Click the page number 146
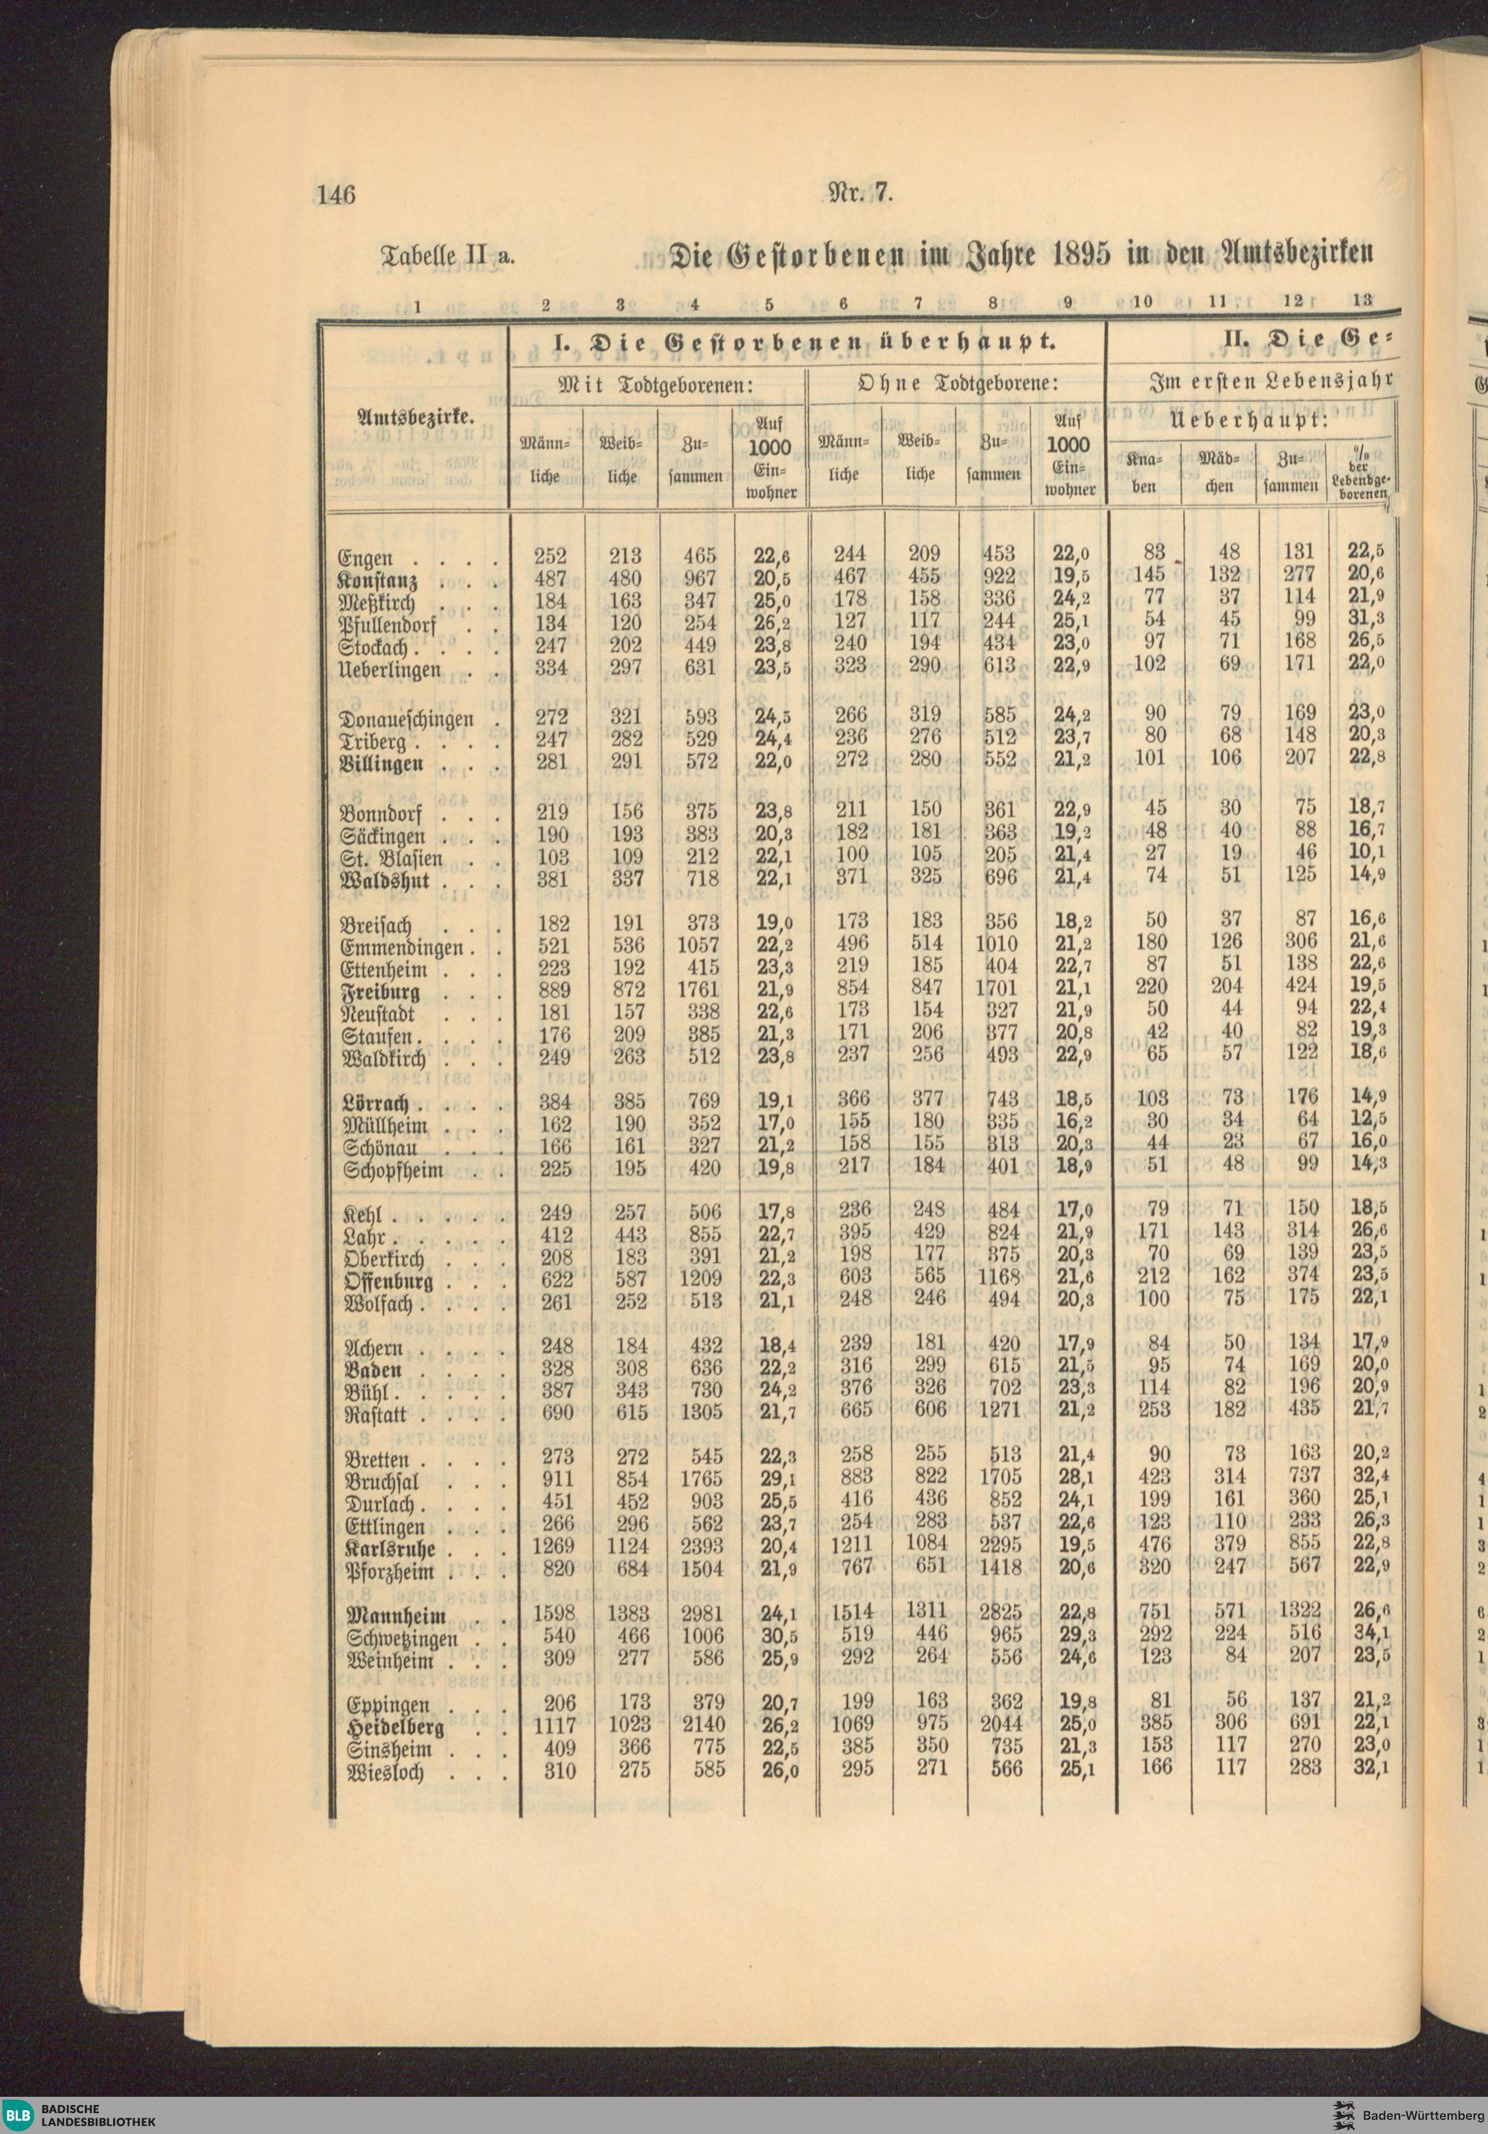[x=336, y=195]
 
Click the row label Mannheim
[x=396, y=1615]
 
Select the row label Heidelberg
[x=394, y=1728]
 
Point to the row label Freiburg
[x=381, y=992]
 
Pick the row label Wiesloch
[x=384, y=1772]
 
